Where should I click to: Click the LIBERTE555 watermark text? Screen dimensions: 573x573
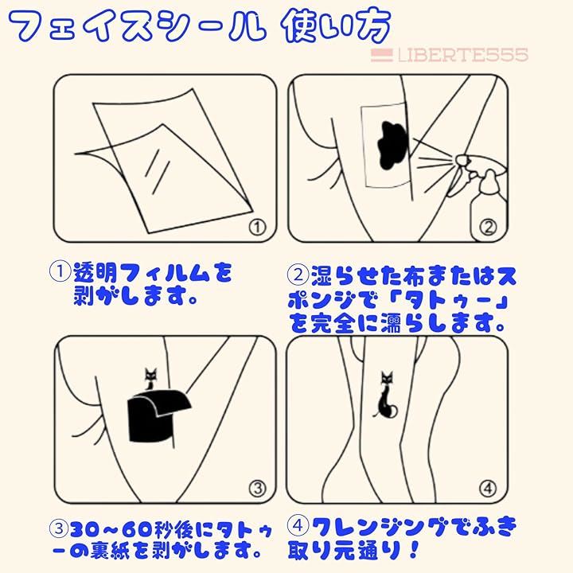tap(462, 55)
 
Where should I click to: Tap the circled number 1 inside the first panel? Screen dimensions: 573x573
tap(258, 228)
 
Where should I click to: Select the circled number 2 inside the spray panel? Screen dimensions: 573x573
tap(488, 228)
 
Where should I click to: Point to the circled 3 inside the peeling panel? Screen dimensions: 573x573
tap(258, 488)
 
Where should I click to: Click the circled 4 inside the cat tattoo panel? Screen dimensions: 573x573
tap(488, 488)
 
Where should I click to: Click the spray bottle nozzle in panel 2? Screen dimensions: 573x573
tap(461, 159)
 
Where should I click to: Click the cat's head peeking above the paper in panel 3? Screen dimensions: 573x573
tap(150, 374)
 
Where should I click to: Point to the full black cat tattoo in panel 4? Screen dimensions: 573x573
tap(385, 395)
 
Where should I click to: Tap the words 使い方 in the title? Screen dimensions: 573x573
tap(336, 26)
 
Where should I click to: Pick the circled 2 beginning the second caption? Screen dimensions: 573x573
tap(298, 275)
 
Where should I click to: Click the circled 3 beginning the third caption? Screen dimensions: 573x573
tap(58, 528)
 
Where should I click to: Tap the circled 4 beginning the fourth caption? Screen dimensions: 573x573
tap(298, 525)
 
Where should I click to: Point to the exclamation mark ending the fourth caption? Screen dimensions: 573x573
tap(414, 550)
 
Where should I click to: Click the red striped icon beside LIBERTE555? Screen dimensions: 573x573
tap(381, 55)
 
